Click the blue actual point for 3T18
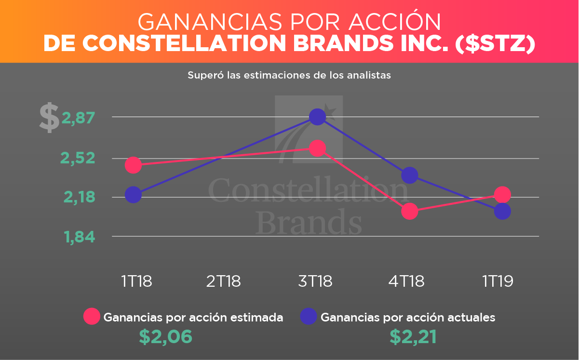coord(317,117)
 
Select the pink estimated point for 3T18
coord(317,148)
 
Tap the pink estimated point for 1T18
coord(133,165)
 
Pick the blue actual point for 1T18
coord(133,195)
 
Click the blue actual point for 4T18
coord(409,175)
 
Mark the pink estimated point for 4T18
coord(409,211)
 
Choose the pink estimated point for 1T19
coord(502,195)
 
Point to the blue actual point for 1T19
coord(502,211)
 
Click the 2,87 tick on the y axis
coord(78,117)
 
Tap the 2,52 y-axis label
coord(78,158)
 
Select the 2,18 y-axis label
coord(78,197)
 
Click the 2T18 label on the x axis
coord(223,281)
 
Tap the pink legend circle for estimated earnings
coord(92,317)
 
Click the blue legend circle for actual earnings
coord(308,317)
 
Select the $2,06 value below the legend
coord(165,337)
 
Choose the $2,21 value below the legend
coord(413,337)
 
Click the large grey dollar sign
coord(49,118)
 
